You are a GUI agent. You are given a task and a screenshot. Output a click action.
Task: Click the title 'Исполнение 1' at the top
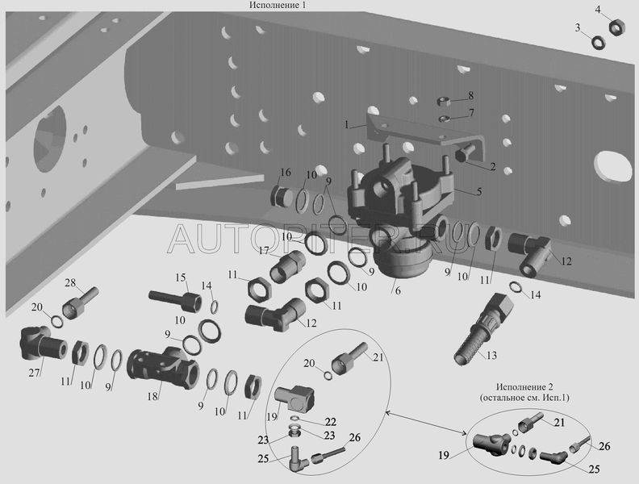(277, 5)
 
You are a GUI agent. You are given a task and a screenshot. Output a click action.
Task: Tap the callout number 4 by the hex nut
(598, 10)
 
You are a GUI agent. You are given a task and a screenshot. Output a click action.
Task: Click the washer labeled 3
(598, 43)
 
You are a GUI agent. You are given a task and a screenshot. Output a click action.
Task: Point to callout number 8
(470, 96)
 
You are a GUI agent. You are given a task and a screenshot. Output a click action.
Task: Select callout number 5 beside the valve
(479, 190)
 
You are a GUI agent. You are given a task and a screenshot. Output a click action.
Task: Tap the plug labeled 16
(282, 197)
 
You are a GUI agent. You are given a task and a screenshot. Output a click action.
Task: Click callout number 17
(264, 250)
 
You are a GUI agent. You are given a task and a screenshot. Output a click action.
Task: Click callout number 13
(492, 356)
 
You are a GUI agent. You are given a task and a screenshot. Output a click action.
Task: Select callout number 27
(34, 373)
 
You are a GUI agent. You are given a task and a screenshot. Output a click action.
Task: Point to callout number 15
(181, 278)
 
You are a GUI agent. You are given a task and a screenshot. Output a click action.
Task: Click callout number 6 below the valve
(398, 292)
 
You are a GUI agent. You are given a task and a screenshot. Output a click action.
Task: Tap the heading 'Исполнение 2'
(524, 386)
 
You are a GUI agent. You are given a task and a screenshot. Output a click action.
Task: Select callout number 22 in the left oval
(331, 422)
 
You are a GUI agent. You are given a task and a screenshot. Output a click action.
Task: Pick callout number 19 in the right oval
(444, 455)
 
